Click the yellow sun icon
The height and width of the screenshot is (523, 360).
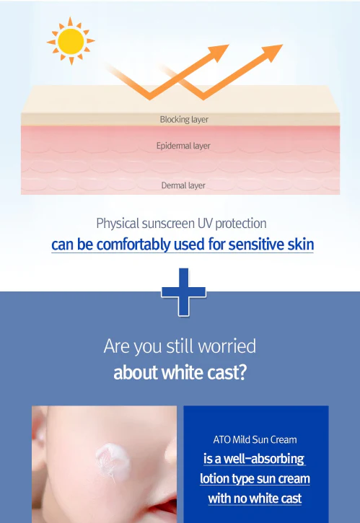click(71, 41)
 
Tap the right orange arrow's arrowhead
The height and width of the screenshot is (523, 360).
click(272, 52)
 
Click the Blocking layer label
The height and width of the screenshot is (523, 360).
click(184, 120)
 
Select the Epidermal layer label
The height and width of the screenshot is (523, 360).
click(183, 146)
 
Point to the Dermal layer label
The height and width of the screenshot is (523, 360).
click(183, 185)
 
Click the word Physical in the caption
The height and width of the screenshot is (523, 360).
click(118, 224)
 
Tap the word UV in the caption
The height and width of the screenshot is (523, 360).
click(205, 223)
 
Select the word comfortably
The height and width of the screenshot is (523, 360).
click(133, 245)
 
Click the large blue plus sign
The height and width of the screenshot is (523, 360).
click(183, 292)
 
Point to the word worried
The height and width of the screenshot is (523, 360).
click(227, 346)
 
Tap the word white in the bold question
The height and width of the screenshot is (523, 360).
click(183, 372)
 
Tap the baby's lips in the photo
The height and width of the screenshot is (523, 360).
click(164, 507)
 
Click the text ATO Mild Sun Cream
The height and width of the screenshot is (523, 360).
click(255, 439)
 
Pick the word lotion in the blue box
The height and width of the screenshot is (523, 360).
click(214, 479)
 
